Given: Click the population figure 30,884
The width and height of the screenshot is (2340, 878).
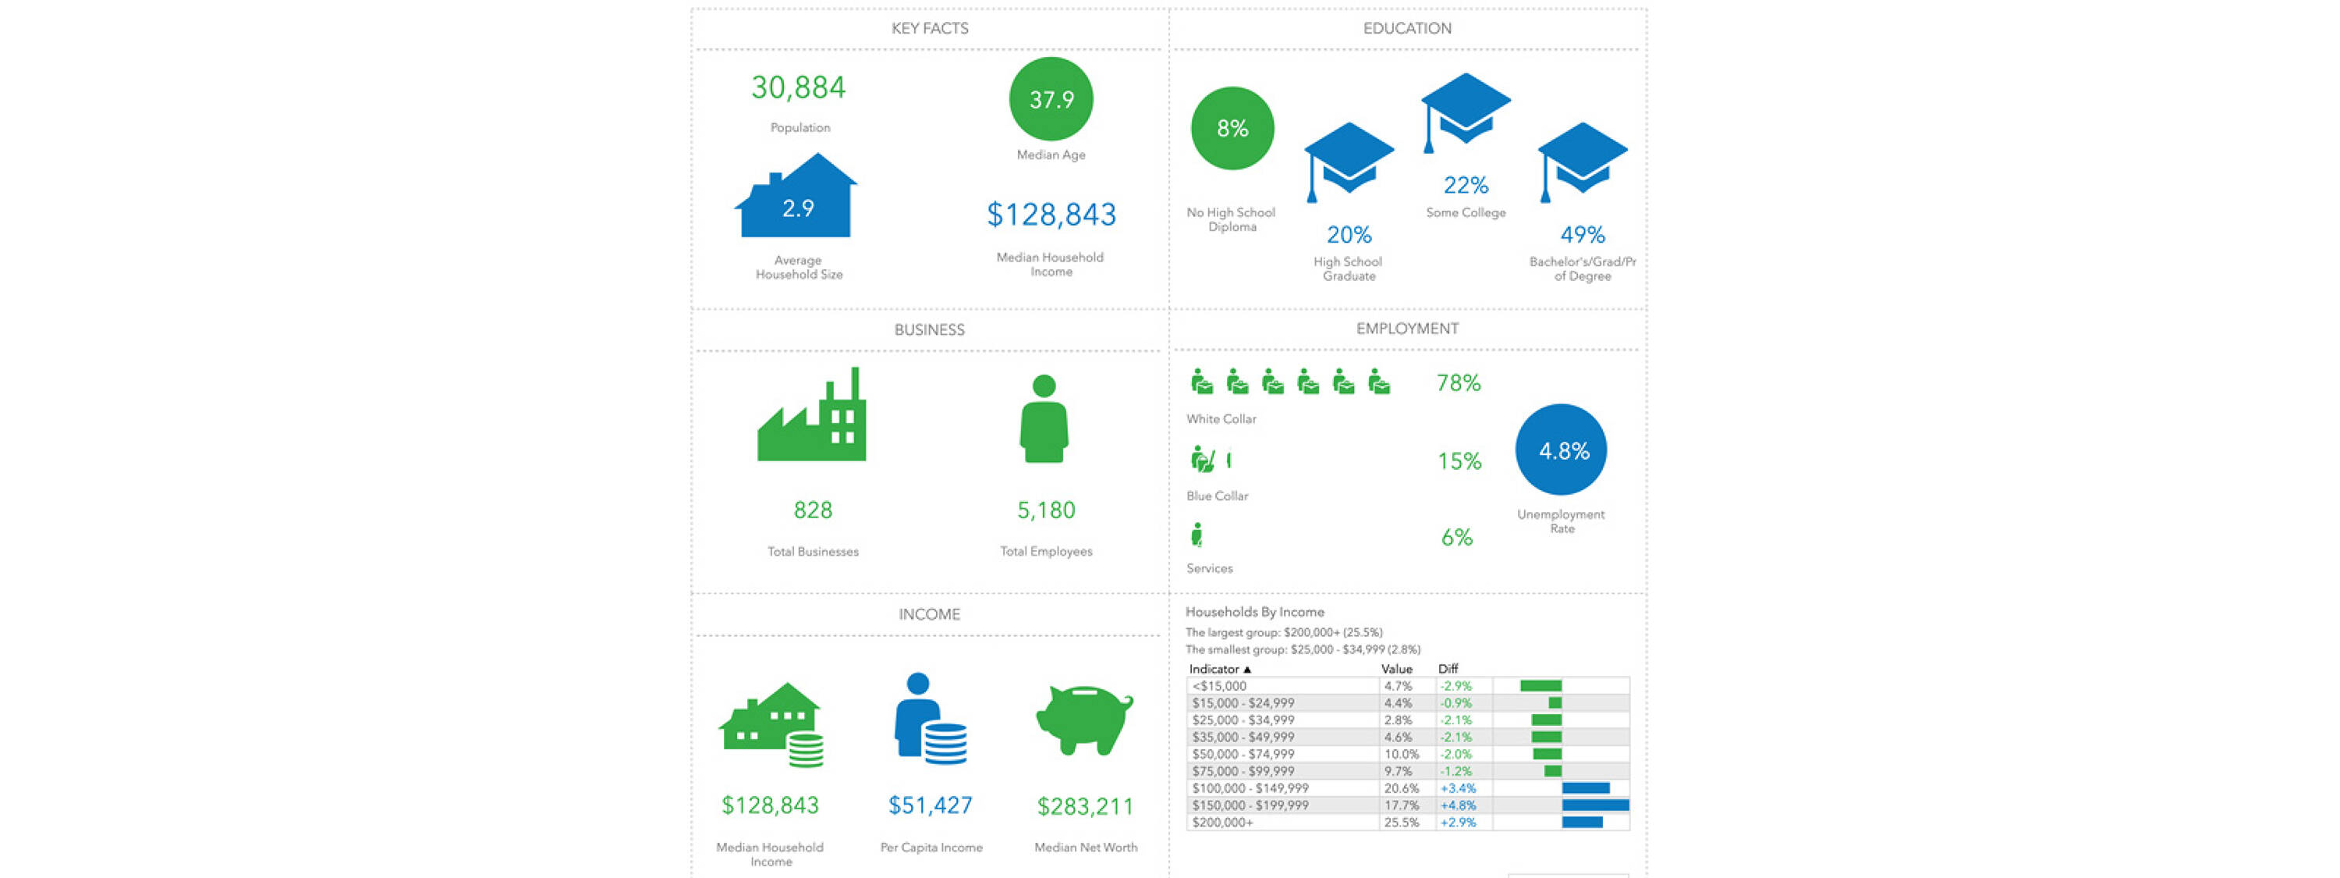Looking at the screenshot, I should pyautogui.click(x=798, y=87).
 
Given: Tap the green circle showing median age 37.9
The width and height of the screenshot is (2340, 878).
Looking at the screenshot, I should pyautogui.click(x=1051, y=99).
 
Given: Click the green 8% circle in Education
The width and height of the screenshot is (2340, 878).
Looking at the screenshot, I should pyautogui.click(x=1232, y=128).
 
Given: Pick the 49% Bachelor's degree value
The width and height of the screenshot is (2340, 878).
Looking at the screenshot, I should pyautogui.click(x=1583, y=234).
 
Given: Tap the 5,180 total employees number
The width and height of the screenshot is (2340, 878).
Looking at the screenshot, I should pyautogui.click(x=1045, y=510).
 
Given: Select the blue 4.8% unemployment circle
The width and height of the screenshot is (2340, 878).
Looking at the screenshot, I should pyautogui.click(x=1561, y=450).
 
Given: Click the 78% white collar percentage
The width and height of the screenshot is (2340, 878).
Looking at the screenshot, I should pyautogui.click(x=1458, y=382).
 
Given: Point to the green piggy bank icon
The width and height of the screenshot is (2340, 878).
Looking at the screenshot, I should pyautogui.click(x=1085, y=719).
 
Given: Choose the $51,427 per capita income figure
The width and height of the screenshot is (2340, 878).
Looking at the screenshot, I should pyautogui.click(x=931, y=805).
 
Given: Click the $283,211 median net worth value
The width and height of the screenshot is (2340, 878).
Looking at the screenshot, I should pyautogui.click(x=1085, y=806).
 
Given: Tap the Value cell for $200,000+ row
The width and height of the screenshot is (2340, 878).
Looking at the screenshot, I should pyautogui.click(x=1401, y=823).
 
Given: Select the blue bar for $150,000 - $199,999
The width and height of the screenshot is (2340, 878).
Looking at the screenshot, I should pyautogui.click(x=1595, y=805).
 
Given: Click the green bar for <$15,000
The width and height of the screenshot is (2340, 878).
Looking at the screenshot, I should pyautogui.click(x=1540, y=686).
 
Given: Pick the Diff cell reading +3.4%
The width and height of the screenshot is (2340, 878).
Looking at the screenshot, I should pyautogui.click(x=1458, y=788).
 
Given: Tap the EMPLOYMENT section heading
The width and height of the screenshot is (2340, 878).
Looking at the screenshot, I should pyautogui.click(x=1407, y=328).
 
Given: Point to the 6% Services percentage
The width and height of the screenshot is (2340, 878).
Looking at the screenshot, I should pyautogui.click(x=1456, y=537).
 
